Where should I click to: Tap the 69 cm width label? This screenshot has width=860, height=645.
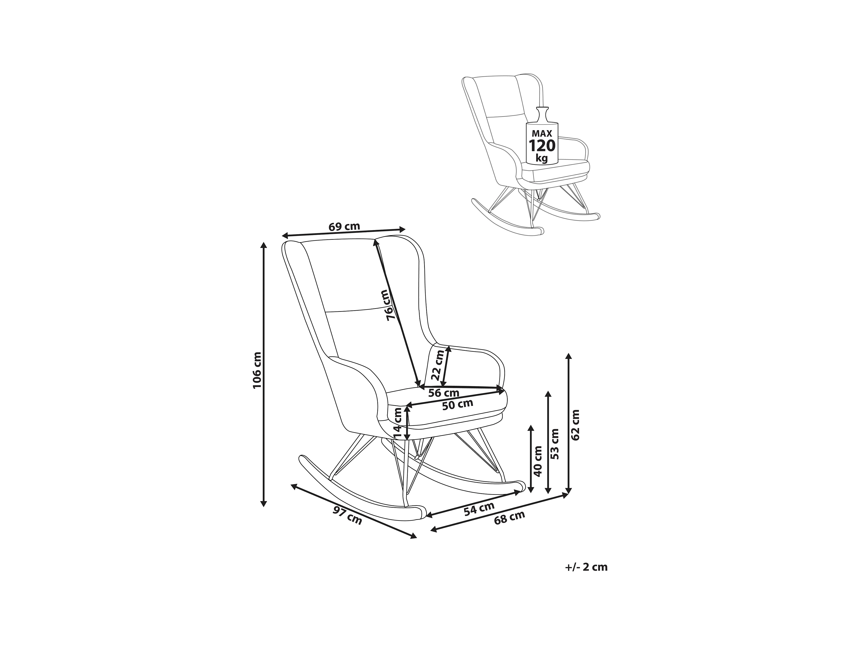click(x=344, y=226)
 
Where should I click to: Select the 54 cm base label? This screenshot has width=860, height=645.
click(x=479, y=509)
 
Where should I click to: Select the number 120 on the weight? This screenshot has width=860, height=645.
click(x=542, y=146)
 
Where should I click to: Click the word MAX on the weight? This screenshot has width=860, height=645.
click(x=542, y=133)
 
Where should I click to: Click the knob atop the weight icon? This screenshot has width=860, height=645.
click(x=542, y=110)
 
